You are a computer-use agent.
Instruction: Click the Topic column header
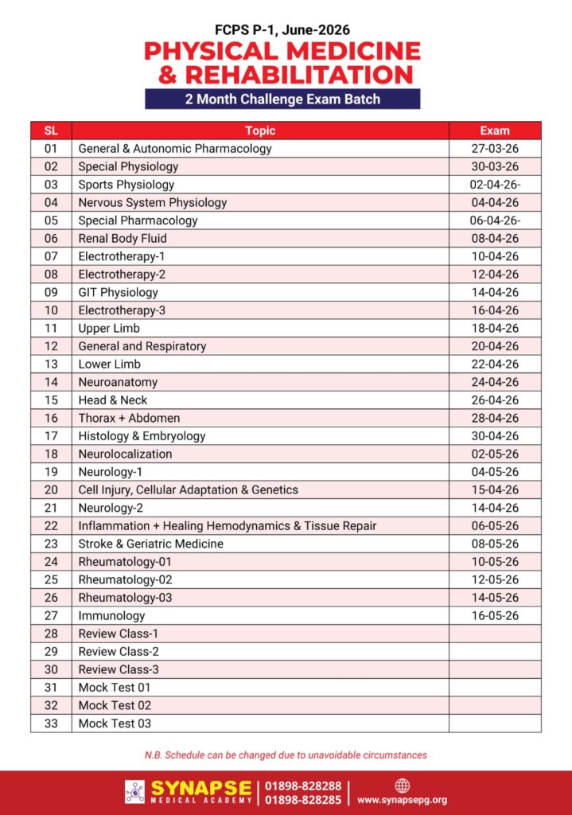[260, 131]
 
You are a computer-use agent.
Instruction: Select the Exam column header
[495, 131]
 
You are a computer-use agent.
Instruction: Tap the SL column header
[51, 131]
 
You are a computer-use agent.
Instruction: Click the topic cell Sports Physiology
[126, 185]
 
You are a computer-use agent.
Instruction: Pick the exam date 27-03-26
[495, 149]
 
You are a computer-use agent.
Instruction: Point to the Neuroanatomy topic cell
[118, 382]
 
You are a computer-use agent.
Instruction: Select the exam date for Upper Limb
[495, 328]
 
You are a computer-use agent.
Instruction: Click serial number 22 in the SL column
[51, 525]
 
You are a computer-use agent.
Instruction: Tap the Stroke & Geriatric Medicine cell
[150, 544]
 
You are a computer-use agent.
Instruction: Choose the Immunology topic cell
[111, 615]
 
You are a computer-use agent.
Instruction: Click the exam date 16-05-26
[495, 615]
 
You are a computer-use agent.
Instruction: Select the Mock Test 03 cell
[115, 723]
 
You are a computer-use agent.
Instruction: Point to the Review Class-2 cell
[118, 651]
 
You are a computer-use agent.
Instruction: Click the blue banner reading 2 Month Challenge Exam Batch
[282, 99]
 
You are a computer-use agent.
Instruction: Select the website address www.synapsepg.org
[402, 800]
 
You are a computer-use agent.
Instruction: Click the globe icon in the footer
[402, 785]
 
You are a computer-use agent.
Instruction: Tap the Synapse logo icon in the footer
[134, 791]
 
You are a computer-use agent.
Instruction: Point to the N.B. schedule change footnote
[286, 755]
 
